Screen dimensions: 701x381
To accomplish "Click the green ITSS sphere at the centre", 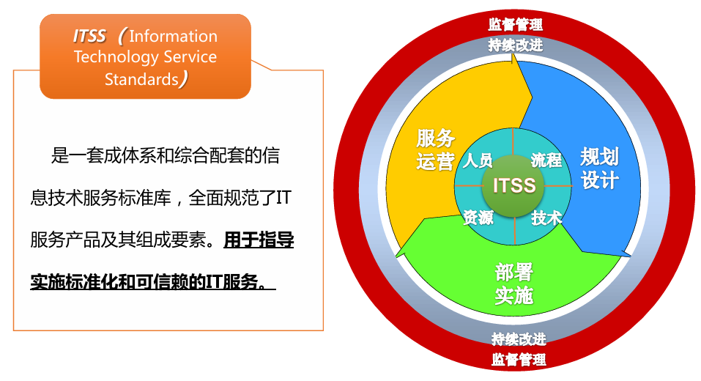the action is tap(513, 186).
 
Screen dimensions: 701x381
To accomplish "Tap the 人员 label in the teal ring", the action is tap(478, 160).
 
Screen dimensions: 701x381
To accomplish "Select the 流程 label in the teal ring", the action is tap(546, 160).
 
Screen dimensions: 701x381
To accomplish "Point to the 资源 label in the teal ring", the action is tap(478, 218).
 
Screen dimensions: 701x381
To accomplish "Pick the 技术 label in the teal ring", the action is tap(546, 218).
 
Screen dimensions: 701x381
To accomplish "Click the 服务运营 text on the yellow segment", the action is tap(435, 149).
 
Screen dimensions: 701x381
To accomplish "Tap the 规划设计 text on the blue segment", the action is tap(599, 169).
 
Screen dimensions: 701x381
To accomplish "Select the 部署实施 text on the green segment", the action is tap(514, 284).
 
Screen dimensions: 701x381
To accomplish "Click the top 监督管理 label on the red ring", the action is tap(515, 24).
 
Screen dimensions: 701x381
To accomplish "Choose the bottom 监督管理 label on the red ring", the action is tap(519, 359).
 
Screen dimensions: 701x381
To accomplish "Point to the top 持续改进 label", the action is tap(515, 45).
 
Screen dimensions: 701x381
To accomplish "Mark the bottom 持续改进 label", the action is tap(519, 339).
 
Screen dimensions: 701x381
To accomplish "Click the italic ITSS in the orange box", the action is tap(89, 36).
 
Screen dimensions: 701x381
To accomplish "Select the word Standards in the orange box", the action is tap(141, 79).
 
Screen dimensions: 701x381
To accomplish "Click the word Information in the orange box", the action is tap(174, 36).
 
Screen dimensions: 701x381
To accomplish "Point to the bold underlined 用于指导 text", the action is tap(259, 240).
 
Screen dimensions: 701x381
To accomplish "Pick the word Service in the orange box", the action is tap(190, 57).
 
